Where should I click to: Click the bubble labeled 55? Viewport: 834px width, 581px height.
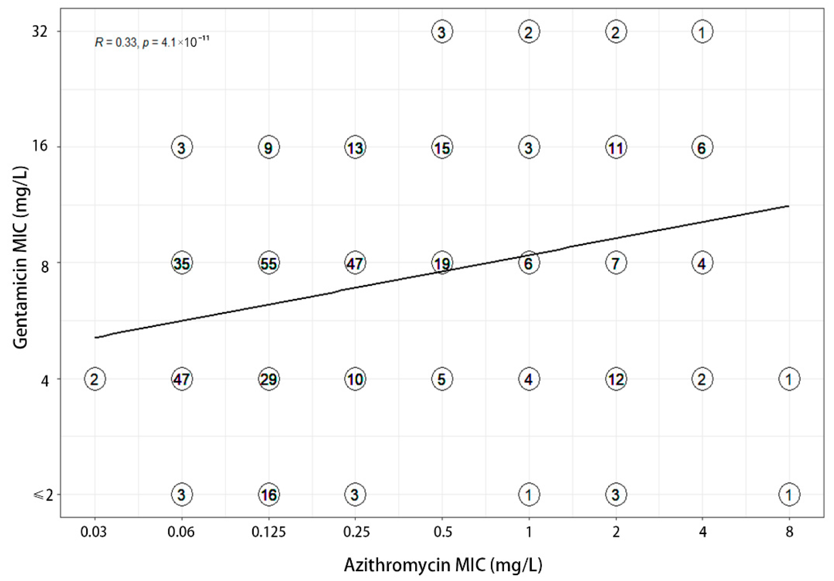click(x=269, y=263)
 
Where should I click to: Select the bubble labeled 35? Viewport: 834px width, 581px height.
click(x=182, y=263)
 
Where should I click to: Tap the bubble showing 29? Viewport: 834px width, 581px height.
click(x=269, y=379)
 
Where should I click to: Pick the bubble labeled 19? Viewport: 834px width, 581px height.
click(x=442, y=263)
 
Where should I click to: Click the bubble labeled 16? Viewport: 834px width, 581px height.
click(x=269, y=494)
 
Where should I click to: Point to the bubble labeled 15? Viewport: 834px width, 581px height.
click(x=442, y=147)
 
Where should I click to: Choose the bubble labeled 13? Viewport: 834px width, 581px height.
click(x=355, y=147)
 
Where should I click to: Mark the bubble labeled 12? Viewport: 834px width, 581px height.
click(x=616, y=379)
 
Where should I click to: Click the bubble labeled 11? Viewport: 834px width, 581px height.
click(x=616, y=147)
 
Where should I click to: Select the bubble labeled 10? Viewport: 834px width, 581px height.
click(x=355, y=379)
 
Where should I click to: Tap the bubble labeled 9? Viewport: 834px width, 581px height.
click(x=269, y=147)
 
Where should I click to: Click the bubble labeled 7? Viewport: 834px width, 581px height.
click(x=616, y=263)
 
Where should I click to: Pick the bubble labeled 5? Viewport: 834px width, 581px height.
click(x=442, y=379)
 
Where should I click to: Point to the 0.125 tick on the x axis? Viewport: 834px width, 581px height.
click(x=269, y=532)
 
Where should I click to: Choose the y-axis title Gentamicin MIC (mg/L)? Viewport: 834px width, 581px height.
click(x=21, y=258)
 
